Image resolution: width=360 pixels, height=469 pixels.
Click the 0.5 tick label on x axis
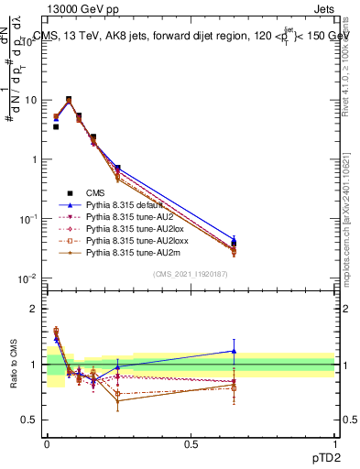(191, 443)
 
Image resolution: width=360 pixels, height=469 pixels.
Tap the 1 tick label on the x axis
(334, 443)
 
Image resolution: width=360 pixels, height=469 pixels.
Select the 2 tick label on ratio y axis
(36, 309)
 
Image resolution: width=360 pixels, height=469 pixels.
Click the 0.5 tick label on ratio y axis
(32, 420)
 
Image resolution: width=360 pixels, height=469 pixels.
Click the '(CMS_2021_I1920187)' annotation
(191, 272)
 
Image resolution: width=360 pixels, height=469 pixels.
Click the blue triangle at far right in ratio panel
(234, 351)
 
